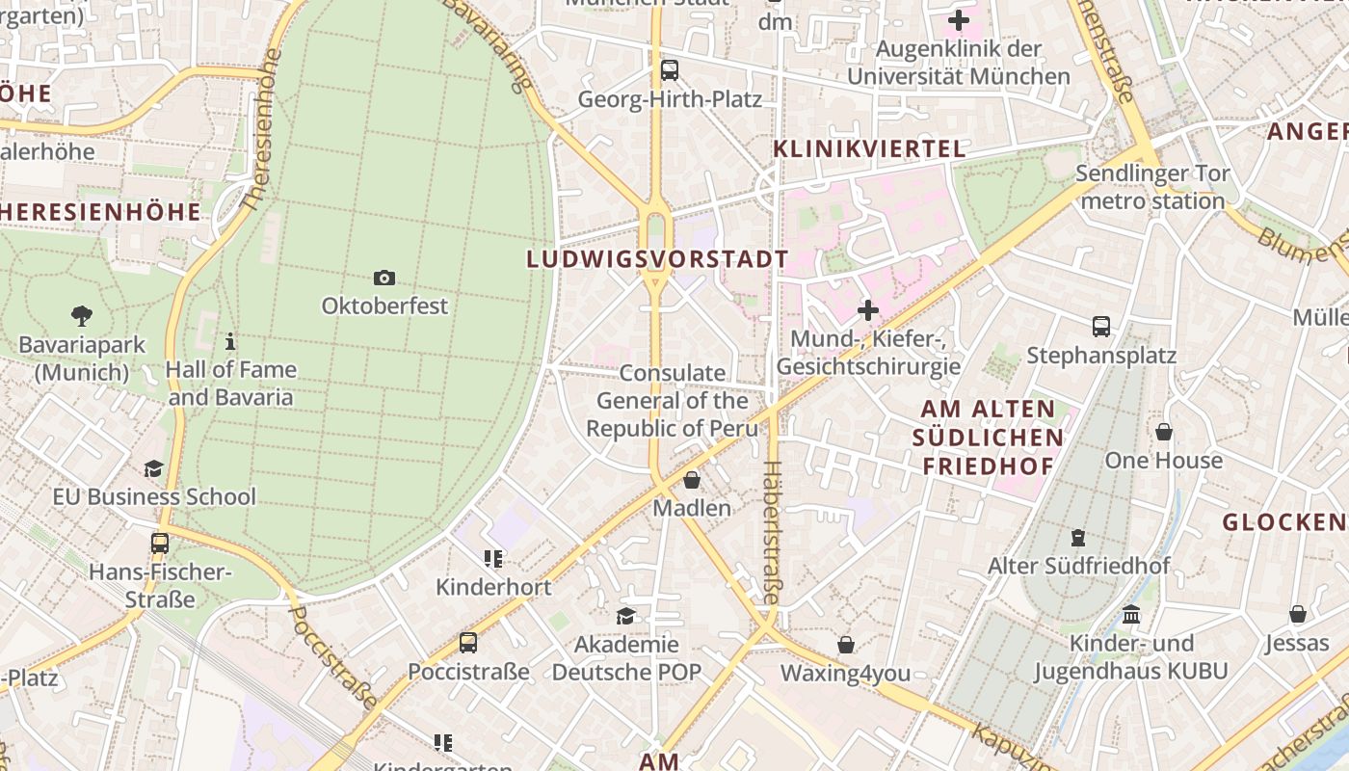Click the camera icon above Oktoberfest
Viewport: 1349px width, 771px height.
coord(384,279)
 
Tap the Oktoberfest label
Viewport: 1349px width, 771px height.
coord(384,306)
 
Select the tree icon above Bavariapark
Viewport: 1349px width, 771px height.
coord(81,315)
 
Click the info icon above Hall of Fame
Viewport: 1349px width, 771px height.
coord(229,341)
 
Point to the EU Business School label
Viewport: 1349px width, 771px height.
coord(154,497)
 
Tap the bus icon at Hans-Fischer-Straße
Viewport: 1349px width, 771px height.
coord(160,544)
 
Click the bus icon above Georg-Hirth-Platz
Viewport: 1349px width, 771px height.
coord(669,70)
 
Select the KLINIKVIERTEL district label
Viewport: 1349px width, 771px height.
coord(869,149)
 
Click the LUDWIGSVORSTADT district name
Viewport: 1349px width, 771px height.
coord(658,259)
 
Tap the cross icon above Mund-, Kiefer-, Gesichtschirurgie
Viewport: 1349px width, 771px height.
coord(868,310)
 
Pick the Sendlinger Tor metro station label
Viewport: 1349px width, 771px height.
coord(1152,188)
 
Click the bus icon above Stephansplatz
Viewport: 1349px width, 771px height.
coord(1101,327)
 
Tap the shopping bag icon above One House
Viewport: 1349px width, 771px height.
coord(1164,432)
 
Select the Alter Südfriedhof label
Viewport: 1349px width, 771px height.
coord(1078,566)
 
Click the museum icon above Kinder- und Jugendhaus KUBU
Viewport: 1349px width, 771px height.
coord(1131,614)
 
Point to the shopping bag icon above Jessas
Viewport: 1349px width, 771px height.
coord(1298,614)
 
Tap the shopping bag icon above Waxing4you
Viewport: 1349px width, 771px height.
coord(846,644)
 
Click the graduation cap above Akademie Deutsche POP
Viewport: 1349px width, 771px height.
coord(626,615)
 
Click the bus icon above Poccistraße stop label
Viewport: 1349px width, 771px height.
coord(468,642)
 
